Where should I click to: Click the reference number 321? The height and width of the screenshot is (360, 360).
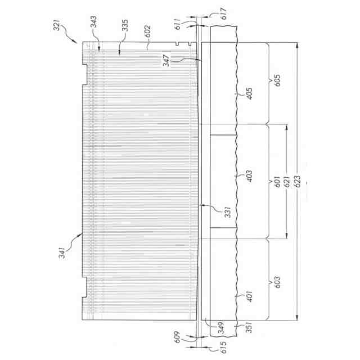pos(57,25)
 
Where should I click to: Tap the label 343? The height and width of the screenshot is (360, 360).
pos(93,21)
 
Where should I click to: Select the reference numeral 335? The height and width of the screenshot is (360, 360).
pos(125,25)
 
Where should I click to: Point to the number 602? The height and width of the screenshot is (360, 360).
pos(147,31)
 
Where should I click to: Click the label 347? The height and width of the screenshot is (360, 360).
pos(166,61)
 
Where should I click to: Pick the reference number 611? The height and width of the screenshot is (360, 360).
pos(178,24)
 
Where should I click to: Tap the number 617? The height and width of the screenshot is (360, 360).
pos(223,13)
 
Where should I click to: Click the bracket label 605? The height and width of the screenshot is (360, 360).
pos(277,80)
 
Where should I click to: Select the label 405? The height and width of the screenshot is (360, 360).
pos(249,93)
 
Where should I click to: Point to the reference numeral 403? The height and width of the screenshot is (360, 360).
pos(249,176)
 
